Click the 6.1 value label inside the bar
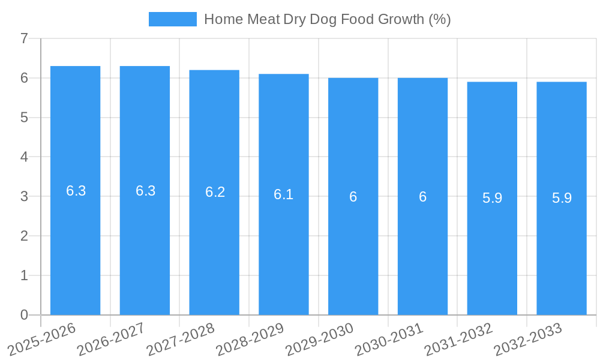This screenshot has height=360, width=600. [x=283, y=194]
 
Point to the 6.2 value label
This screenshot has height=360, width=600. [x=215, y=192]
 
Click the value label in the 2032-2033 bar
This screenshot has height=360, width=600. [x=562, y=198]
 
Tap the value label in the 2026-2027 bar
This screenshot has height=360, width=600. [x=145, y=191]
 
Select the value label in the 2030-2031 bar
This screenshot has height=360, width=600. [x=422, y=197]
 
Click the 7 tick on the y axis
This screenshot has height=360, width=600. [x=24, y=39]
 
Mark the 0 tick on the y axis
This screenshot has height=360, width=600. [x=24, y=315]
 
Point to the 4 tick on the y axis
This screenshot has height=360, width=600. [x=24, y=157]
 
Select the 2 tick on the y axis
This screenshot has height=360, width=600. [x=24, y=236]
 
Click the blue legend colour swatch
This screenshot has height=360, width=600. [x=172, y=19]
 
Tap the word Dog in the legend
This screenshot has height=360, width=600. [x=323, y=19]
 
